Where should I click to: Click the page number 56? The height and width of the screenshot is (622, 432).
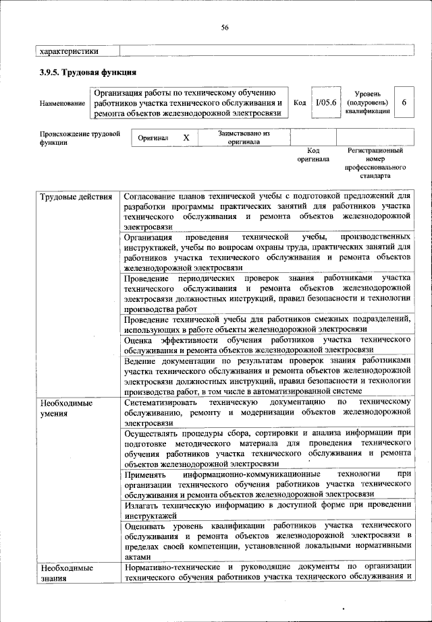tap(225, 27)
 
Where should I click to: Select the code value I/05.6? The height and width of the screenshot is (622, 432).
tap(325, 102)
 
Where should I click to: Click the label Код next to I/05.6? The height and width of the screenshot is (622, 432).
tap(300, 102)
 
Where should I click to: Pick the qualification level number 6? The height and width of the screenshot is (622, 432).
tap(404, 102)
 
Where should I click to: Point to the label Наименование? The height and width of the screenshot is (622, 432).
tap(62, 103)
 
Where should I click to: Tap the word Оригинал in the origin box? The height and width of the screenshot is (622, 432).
tap(152, 137)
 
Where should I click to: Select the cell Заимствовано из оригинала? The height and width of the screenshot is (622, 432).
tap(244, 137)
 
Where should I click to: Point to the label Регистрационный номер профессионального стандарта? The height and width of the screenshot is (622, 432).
tap(375, 163)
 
